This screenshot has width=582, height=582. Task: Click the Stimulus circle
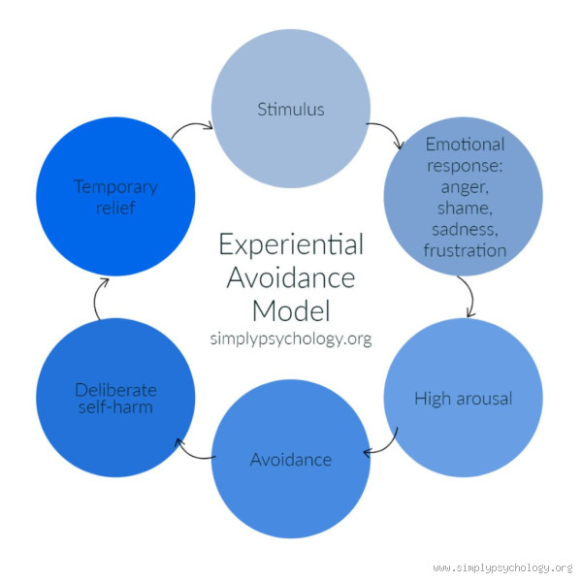(291, 109)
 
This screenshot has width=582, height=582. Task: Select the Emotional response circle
(465, 198)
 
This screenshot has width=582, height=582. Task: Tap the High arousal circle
(463, 398)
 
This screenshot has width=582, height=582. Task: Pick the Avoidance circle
(291, 458)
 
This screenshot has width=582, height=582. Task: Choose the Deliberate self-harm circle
(115, 398)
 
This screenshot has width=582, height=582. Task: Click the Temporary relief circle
(115, 198)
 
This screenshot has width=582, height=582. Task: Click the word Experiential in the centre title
(290, 243)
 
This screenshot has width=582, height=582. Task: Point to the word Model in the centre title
(291, 311)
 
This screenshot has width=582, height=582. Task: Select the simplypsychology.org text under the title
(291, 339)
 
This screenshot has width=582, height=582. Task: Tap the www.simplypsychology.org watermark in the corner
(502, 567)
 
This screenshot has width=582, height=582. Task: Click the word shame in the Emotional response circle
(465, 215)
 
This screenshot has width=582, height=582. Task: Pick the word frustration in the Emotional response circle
(465, 250)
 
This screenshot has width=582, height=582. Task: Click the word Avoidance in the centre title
(291, 277)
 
